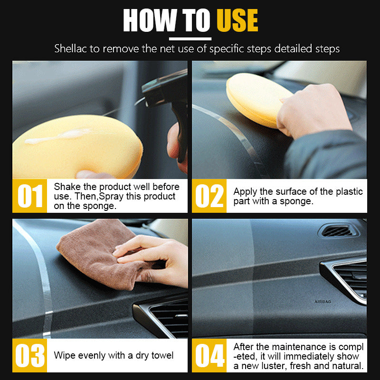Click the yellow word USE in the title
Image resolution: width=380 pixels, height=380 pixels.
click(x=237, y=20)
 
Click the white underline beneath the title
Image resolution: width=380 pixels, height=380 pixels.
click(x=190, y=39)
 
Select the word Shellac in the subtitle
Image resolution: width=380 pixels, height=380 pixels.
click(x=70, y=48)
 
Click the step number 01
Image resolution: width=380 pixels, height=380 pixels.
click(x=30, y=196)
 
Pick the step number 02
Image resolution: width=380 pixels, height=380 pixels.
click(x=209, y=196)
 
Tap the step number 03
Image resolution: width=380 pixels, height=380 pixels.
click(x=30, y=355)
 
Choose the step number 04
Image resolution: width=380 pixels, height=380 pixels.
click(x=210, y=355)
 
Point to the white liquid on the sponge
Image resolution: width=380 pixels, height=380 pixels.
click(x=58, y=136)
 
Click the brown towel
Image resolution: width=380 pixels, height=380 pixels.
click(x=102, y=255)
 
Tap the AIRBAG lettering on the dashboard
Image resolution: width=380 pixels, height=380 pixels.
click(x=323, y=302)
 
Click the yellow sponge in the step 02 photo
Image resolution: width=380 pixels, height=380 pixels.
click(x=257, y=99)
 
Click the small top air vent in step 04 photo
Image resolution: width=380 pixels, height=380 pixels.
click(x=339, y=230)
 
